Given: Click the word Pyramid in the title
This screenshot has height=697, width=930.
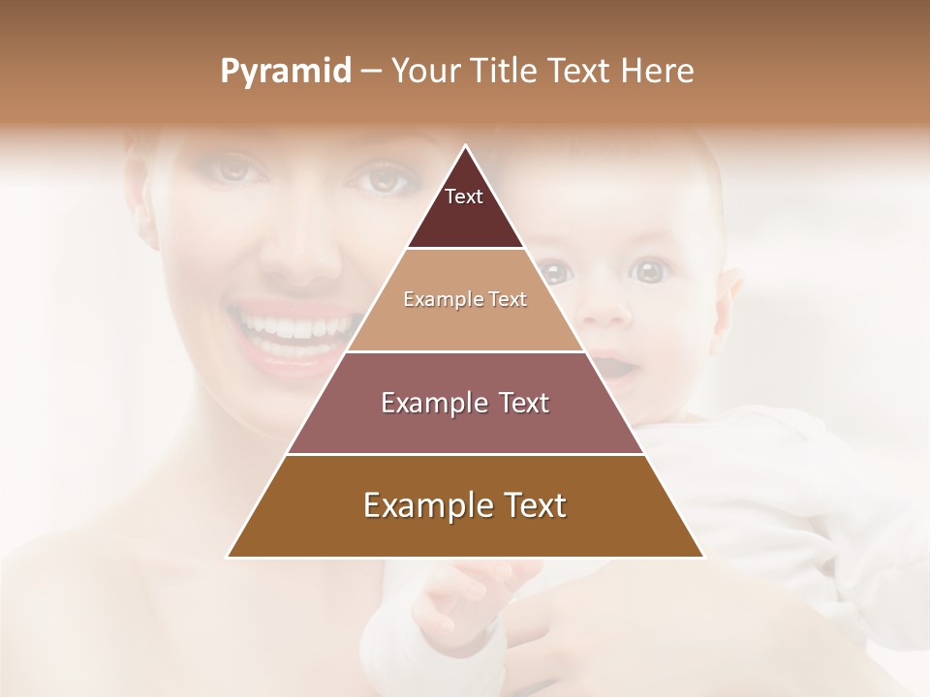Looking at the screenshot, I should point(286,72).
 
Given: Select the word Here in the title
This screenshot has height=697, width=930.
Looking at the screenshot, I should point(658,72).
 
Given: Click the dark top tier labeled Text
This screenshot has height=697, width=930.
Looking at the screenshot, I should point(464,208).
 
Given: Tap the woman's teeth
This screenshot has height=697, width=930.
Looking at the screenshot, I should point(291,324).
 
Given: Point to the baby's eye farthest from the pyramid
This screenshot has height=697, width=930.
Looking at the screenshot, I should point(651,271).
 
